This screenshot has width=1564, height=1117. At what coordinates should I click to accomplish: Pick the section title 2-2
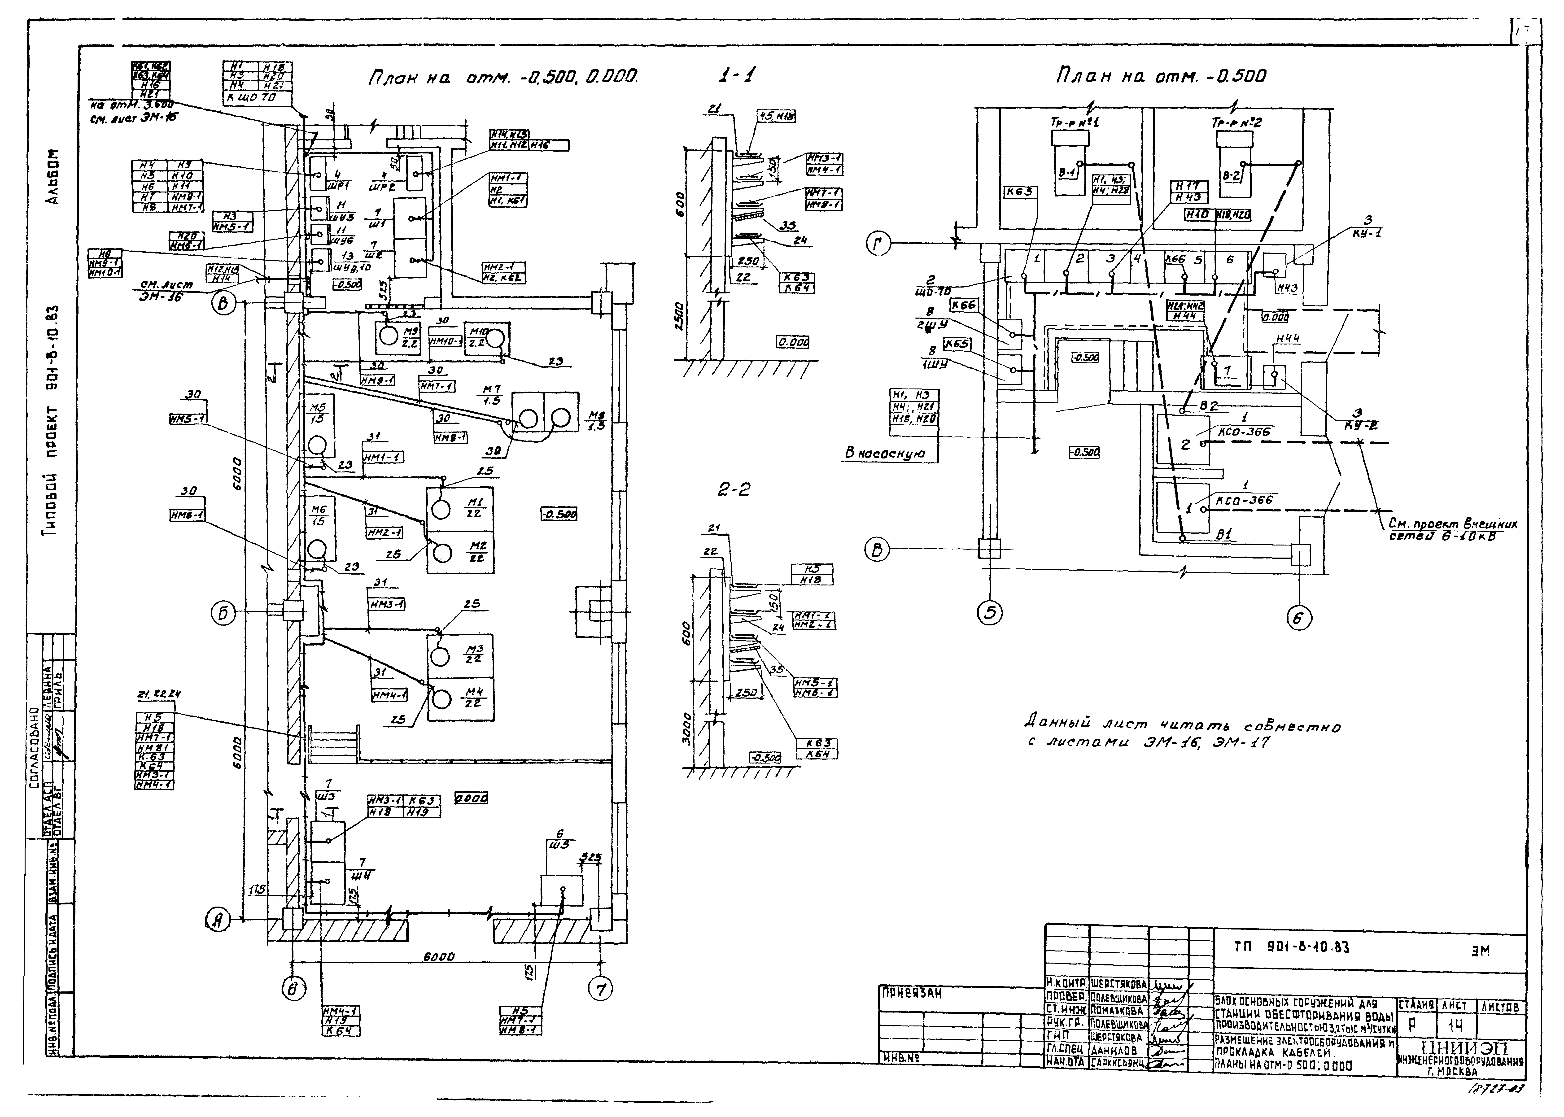734,490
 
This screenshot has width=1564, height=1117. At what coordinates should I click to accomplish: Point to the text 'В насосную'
884,453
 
